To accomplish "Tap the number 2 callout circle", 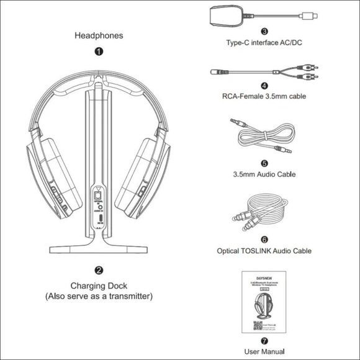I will pos(99,271).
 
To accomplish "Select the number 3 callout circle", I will pos(264,30).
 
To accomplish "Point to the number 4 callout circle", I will pos(264,86).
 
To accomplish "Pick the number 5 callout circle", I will pos(264,163).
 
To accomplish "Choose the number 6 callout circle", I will pos(264,239).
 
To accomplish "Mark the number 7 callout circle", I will pos(265,340).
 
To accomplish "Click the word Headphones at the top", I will pos(99,35).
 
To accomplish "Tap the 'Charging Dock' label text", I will pos(99,286).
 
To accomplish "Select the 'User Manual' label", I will pos(265,351).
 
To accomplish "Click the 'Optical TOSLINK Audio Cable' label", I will pos(265,251).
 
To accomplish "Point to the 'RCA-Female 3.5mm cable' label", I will pos(265,96).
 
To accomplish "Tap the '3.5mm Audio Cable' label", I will pos(265,174).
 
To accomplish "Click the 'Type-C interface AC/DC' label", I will pos(265,42).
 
